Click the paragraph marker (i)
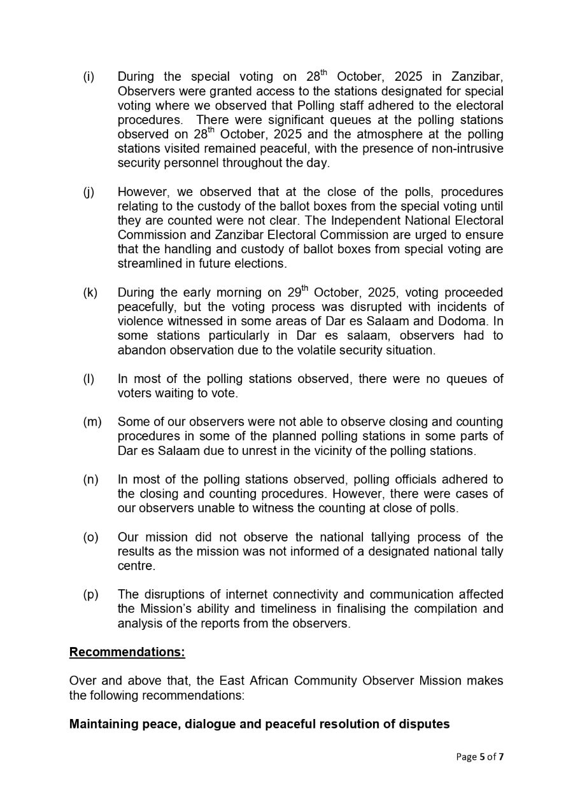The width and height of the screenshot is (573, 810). pyautogui.click(x=88, y=77)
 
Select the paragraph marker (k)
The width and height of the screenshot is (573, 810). pyautogui.click(x=90, y=293)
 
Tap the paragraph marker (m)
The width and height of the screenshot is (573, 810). pyautogui.click(x=92, y=422)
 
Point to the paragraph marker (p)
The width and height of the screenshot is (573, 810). pyautogui.click(x=90, y=594)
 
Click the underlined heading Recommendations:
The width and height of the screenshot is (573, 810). pyautogui.click(x=127, y=652)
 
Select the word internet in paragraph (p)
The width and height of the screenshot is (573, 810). pyautogui.click(x=247, y=594)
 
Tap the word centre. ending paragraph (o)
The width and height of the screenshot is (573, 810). pyautogui.click(x=136, y=566)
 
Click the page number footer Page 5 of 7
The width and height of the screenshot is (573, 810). pyautogui.click(x=479, y=757)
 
